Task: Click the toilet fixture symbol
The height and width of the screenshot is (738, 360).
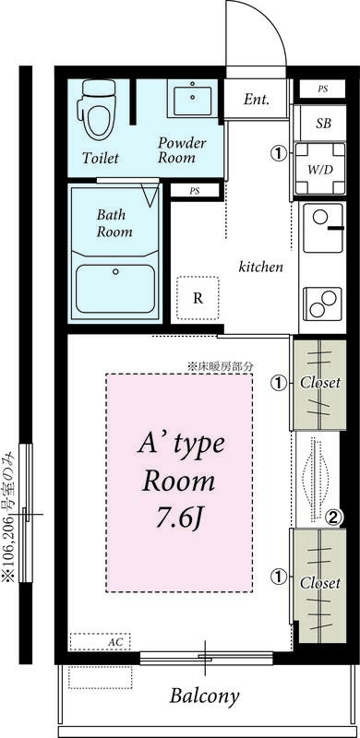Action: (99, 109)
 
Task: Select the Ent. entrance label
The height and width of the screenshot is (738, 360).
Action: (257, 100)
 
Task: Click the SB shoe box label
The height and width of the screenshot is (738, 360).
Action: (323, 124)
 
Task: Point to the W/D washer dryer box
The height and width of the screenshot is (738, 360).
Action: (320, 169)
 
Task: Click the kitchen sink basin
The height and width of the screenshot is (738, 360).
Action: (323, 228)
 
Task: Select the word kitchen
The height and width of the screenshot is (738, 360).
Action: (261, 267)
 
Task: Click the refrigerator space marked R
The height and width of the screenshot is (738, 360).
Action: (198, 298)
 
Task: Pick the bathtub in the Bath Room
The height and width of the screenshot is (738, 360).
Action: (115, 289)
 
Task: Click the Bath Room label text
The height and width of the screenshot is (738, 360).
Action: (114, 223)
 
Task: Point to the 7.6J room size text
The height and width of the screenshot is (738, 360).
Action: (179, 518)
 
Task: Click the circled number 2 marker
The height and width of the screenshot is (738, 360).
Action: (333, 518)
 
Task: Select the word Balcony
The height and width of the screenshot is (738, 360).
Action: (205, 696)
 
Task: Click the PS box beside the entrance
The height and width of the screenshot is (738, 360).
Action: (323, 89)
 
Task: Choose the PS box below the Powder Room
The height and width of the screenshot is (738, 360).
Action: (195, 191)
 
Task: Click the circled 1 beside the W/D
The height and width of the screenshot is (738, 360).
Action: (279, 152)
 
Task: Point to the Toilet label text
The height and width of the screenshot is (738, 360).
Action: (101, 158)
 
